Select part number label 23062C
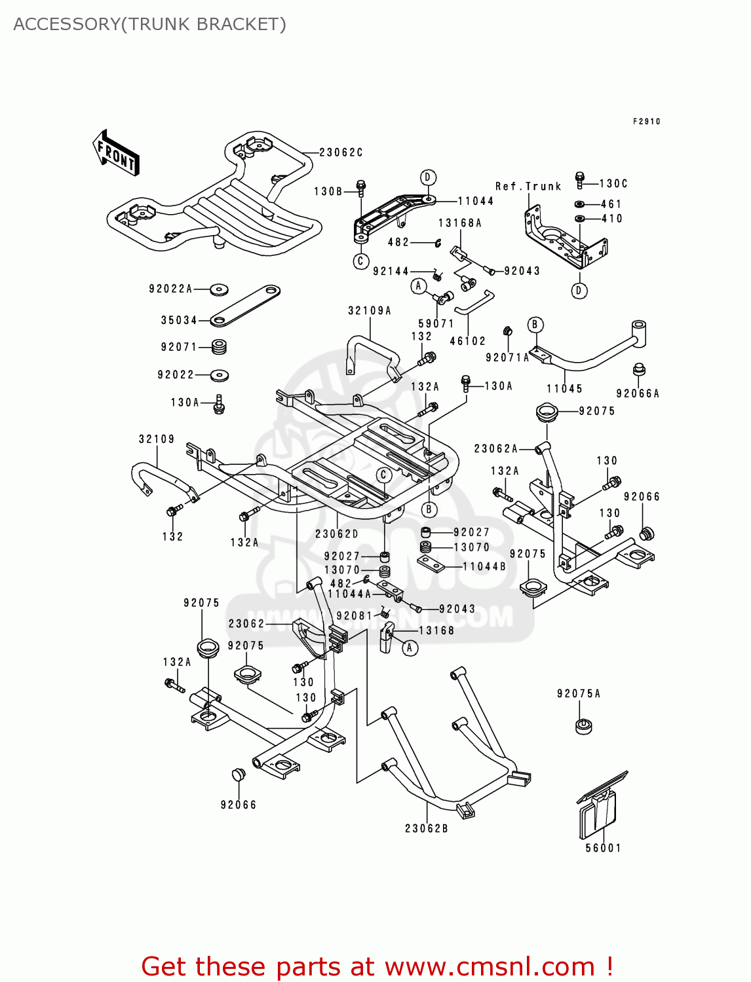pos(341,153)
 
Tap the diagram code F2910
pos(646,122)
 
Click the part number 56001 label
pos(603,848)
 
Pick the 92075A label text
pos(579,693)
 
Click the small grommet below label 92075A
pos(583,725)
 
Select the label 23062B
pos(426,828)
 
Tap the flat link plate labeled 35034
pos(245,306)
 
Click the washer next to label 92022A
pos(219,289)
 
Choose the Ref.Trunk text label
pos(528,187)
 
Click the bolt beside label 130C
pos(579,181)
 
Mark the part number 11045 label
pos(564,389)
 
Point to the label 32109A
pos(369,311)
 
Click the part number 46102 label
pos(467,341)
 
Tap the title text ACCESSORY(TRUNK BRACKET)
pos(149,24)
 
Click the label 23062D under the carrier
pos(337,534)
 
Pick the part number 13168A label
pos(459,223)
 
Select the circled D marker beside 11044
pos(427,177)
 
